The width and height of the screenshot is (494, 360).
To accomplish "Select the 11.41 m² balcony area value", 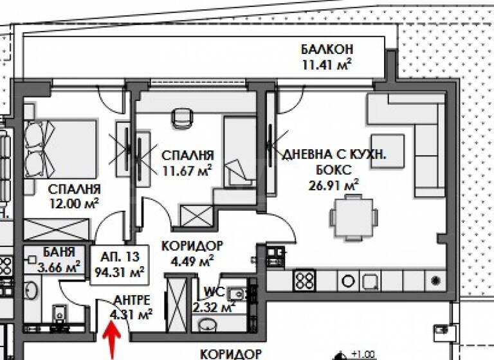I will click(x=328, y=64).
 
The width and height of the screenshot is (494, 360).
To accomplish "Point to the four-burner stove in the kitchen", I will click(x=304, y=280).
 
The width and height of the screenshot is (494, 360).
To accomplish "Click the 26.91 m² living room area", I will click(x=333, y=185).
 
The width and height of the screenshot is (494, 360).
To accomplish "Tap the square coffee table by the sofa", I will click(x=387, y=150).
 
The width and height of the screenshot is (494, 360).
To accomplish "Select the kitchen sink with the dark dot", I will click(x=437, y=281).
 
